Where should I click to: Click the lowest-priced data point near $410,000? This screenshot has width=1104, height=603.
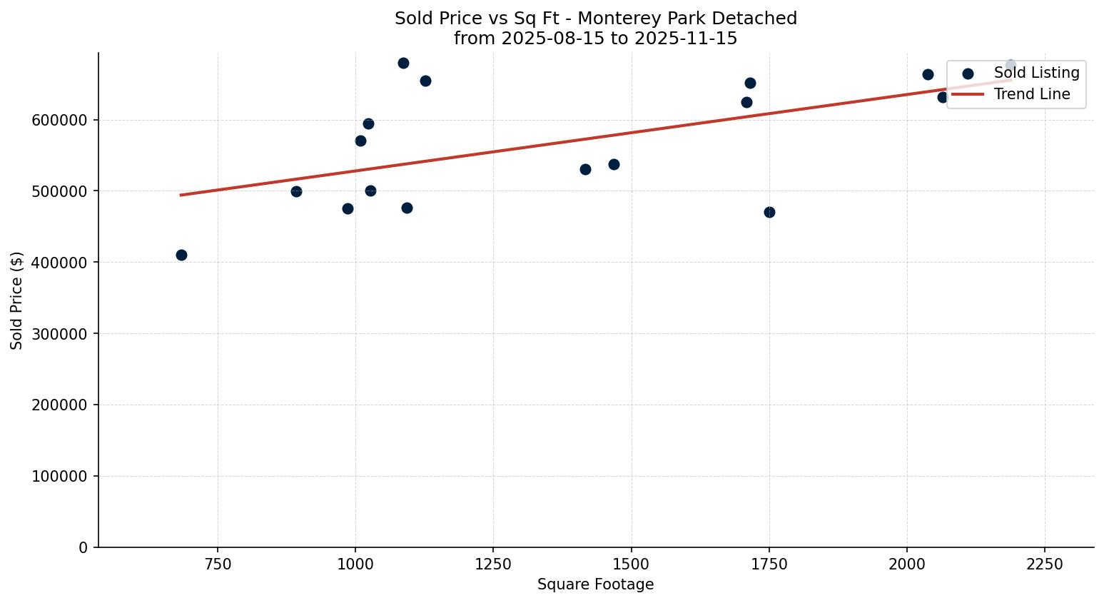pos(181,255)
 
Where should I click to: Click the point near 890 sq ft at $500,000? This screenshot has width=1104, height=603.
pos(296,191)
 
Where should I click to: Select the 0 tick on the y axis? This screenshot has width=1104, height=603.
pos(83,547)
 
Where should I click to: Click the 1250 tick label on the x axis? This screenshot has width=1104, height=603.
pos(493,564)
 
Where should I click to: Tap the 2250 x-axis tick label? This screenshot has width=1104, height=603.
pos(1045,564)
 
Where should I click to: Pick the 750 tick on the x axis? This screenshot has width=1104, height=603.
pos(218,564)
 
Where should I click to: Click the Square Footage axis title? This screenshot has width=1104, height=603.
pos(595,584)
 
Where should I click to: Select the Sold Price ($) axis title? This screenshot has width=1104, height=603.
pos(17,300)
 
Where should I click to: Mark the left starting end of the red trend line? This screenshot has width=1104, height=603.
pos(181,195)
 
